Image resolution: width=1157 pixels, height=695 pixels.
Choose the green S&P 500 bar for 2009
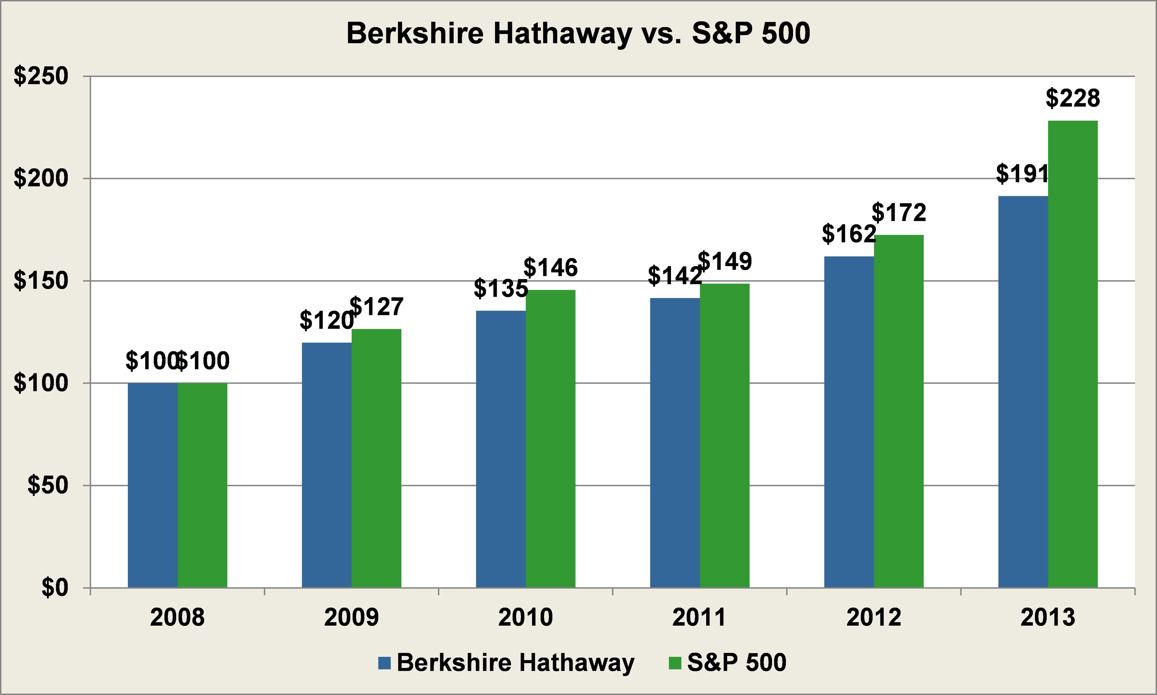(x=376, y=458)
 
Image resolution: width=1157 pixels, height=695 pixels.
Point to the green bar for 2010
(x=550, y=438)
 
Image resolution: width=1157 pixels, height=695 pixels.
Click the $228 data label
(x=1073, y=98)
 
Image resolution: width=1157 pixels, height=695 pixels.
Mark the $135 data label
(x=501, y=288)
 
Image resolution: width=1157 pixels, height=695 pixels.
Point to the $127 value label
(x=376, y=307)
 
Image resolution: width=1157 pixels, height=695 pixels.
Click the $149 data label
(x=725, y=261)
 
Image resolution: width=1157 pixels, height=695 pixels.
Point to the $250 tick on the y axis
(x=41, y=76)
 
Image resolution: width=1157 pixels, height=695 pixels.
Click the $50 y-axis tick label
(x=48, y=485)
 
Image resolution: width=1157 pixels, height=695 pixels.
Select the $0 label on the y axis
(x=55, y=587)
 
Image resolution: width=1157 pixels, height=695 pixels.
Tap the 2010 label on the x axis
(x=525, y=617)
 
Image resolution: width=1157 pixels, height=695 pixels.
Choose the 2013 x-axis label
(x=1048, y=617)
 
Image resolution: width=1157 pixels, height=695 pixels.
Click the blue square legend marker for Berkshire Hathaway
(x=384, y=663)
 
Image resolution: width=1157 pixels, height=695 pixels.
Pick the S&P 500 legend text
(x=736, y=662)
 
